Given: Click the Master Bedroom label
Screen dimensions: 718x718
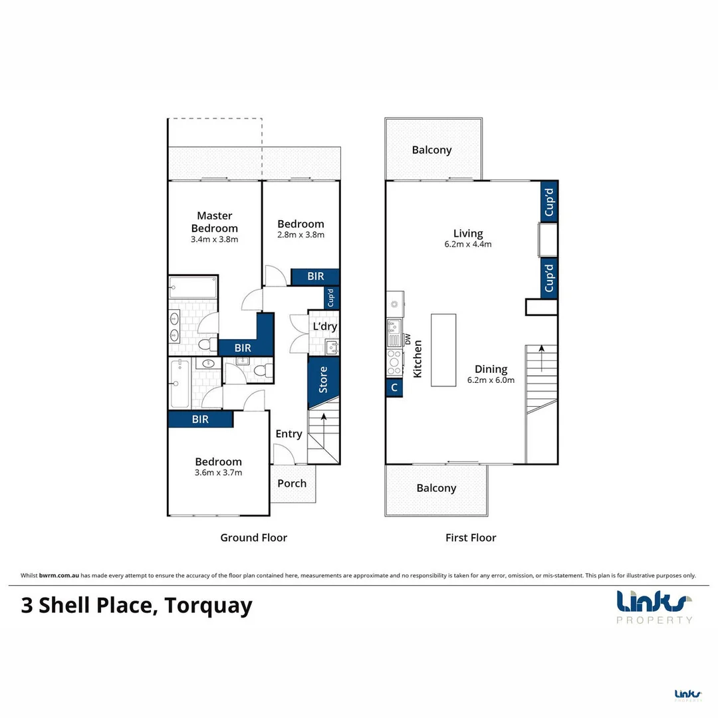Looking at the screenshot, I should click(x=214, y=221).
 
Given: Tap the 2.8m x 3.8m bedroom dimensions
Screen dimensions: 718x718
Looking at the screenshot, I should click(x=300, y=235).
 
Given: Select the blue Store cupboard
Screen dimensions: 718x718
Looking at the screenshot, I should click(x=324, y=380).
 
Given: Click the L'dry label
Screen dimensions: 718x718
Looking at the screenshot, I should click(x=324, y=326).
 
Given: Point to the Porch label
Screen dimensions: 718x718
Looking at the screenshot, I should click(x=292, y=483).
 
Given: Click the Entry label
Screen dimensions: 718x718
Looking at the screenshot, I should click(x=289, y=434).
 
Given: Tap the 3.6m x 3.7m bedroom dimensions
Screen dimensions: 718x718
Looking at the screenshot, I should click(x=218, y=473).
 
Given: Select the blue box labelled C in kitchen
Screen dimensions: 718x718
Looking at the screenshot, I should click(x=394, y=388).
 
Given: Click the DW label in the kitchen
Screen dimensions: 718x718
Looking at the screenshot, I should click(x=408, y=339).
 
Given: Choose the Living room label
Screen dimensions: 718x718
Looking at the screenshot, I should click(x=468, y=233).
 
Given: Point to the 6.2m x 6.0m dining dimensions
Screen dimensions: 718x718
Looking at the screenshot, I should click(x=491, y=381).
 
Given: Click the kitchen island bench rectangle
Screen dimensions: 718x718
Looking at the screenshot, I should click(x=443, y=350).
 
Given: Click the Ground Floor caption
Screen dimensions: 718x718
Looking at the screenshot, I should click(x=253, y=537).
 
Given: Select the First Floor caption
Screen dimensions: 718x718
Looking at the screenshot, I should click(x=471, y=537).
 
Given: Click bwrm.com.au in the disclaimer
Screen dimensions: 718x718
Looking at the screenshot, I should click(x=59, y=576).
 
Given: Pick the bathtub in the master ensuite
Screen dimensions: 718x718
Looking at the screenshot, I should click(x=193, y=288).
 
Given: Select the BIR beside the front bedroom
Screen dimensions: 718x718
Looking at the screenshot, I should click(x=200, y=419).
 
